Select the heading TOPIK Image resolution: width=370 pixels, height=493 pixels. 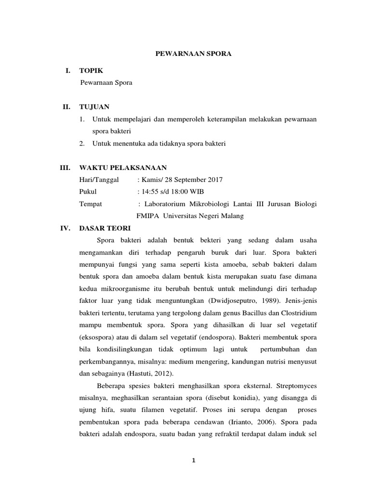[x=91, y=71]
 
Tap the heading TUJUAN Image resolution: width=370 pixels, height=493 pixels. [x=94, y=107]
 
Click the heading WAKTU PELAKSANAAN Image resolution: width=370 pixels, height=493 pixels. [x=123, y=168]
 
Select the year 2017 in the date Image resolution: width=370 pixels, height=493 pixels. [x=215, y=180]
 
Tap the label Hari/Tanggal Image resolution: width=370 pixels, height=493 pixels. [x=98, y=180]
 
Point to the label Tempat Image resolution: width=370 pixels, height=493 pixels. [x=91, y=204]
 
